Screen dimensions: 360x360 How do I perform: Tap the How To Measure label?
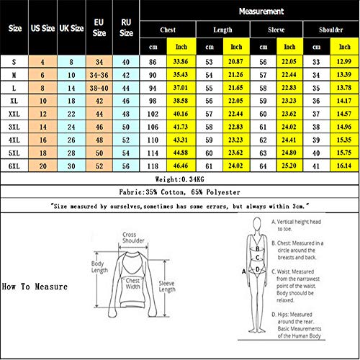(x=34, y=287)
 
